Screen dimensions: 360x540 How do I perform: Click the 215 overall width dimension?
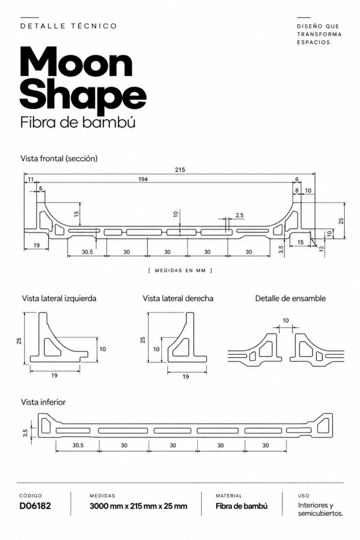(180, 169)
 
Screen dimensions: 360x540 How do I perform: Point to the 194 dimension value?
(143, 179)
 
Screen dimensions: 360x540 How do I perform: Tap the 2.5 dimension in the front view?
(239, 215)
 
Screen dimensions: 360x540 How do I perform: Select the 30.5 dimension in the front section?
(87, 252)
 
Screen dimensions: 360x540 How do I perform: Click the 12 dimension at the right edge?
(322, 249)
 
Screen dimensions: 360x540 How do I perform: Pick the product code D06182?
(35, 506)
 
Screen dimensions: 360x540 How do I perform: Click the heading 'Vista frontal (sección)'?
(59, 158)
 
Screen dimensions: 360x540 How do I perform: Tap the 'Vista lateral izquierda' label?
(59, 298)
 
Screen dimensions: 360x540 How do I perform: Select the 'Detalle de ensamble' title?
(290, 298)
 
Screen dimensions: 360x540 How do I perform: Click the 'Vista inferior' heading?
(43, 402)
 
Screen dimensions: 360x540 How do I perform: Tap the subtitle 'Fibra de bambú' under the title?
(78, 122)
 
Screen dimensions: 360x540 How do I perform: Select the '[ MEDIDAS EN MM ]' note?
(180, 271)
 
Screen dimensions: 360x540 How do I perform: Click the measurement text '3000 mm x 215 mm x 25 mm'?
(138, 506)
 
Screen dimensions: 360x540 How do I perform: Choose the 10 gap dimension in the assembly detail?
(286, 321)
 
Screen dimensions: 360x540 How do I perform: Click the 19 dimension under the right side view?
(186, 377)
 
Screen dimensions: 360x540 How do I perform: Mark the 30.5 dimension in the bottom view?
(78, 445)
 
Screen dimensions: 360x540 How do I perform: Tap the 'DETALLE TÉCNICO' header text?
(69, 26)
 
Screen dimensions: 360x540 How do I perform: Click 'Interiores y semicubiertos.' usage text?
(320, 509)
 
